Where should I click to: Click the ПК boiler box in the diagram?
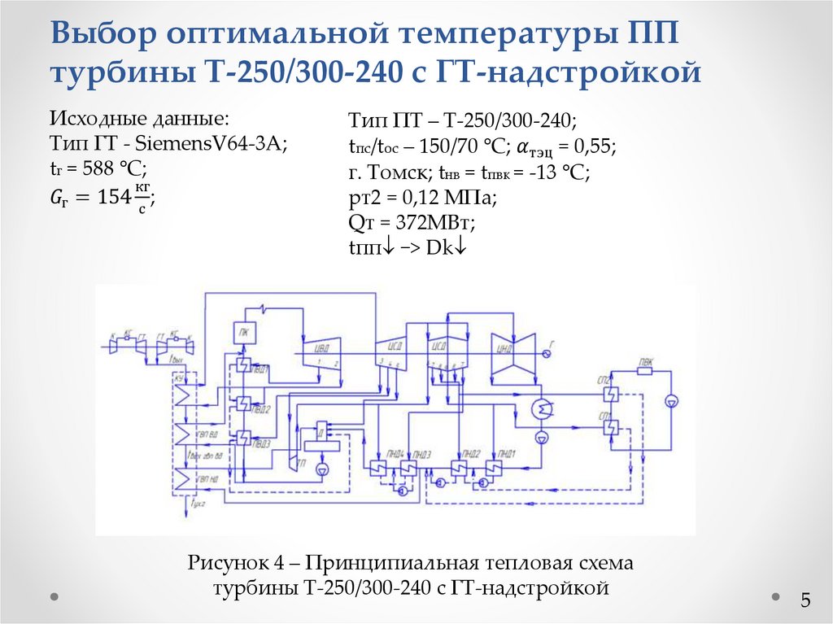click(x=244, y=331)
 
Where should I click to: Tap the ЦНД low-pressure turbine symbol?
click(x=510, y=356)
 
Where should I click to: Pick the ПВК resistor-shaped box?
click(x=645, y=370)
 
